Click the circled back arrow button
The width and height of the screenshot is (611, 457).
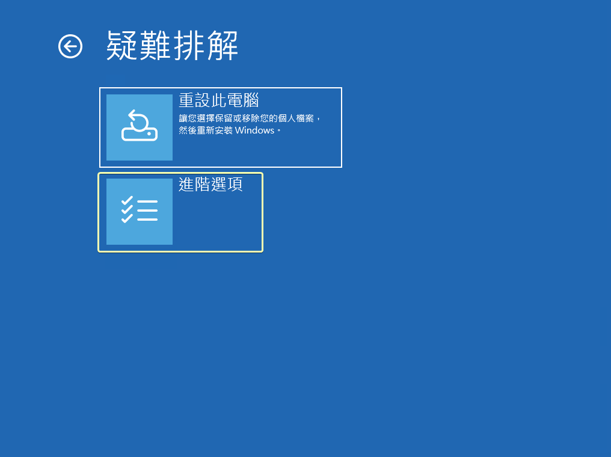(x=70, y=46)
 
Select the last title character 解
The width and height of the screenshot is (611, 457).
(x=222, y=46)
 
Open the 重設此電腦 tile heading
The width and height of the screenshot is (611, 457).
(x=219, y=100)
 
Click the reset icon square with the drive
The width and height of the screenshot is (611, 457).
(x=140, y=127)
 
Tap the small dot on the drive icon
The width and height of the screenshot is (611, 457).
(x=149, y=133)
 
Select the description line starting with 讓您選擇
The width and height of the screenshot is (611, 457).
(x=250, y=118)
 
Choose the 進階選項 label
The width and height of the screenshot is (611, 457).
(x=210, y=185)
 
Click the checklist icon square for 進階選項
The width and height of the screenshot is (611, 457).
(x=140, y=212)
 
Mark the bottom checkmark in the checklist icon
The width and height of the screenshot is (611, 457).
(x=127, y=219)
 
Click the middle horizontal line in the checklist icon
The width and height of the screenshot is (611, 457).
(x=147, y=210)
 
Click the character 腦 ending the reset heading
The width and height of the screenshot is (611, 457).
(x=251, y=100)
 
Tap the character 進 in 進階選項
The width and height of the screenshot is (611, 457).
(x=186, y=185)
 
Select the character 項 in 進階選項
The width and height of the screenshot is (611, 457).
(x=235, y=185)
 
